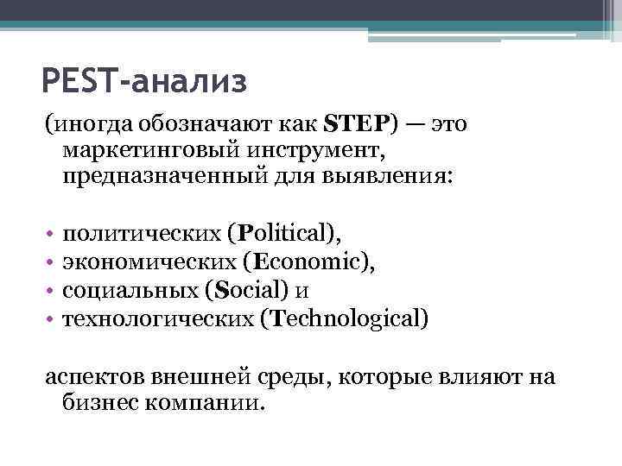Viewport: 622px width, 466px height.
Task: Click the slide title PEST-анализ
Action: (143, 83)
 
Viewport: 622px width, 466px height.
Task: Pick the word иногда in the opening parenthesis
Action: (86, 125)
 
